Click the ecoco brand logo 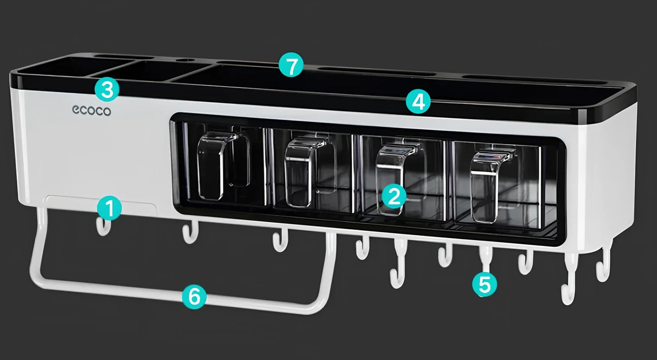point(91,110)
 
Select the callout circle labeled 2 point(393,196)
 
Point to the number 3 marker point(107,89)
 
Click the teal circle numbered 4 point(418,102)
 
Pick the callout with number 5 point(484,285)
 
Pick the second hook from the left point(189,232)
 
